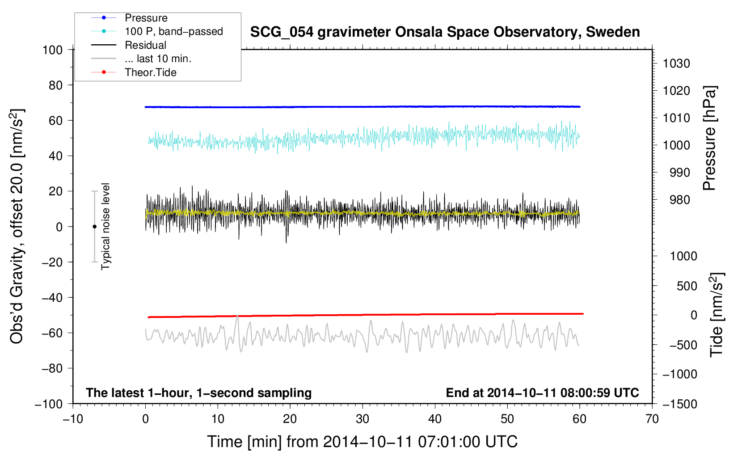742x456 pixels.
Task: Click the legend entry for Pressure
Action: (x=146, y=18)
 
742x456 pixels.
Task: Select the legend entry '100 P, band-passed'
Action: (x=173, y=32)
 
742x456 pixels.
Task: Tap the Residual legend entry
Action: (x=145, y=45)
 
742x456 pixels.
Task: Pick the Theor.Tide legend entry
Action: (x=150, y=72)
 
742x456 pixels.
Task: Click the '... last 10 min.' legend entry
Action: (x=158, y=59)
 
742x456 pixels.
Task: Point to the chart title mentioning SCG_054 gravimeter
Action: (x=445, y=32)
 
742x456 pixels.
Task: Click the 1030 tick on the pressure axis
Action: (x=676, y=63)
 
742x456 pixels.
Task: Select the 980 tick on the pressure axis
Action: (x=676, y=200)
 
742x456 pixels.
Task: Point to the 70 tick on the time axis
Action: (x=652, y=419)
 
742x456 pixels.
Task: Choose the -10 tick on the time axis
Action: (x=73, y=419)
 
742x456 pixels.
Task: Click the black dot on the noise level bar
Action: (x=94, y=227)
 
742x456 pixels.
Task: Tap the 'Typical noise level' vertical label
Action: (x=105, y=226)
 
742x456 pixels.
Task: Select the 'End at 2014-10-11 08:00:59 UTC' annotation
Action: (x=542, y=393)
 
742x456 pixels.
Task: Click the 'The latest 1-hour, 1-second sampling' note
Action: (x=198, y=393)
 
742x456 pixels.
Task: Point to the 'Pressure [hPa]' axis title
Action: (x=709, y=138)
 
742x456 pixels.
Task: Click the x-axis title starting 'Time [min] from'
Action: (x=362, y=442)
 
